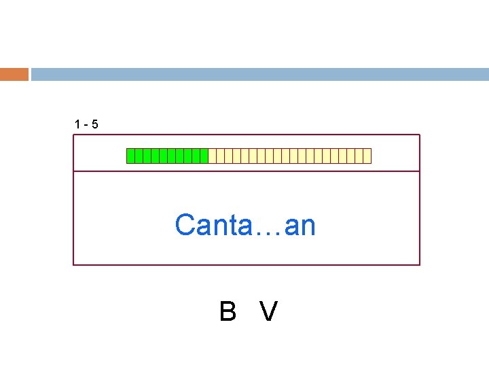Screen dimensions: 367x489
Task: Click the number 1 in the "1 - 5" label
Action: tap(77, 124)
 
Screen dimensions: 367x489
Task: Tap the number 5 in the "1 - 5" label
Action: tap(94, 124)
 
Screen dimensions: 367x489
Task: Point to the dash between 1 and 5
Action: tap(86, 125)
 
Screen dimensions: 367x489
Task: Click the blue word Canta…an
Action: tap(245, 225)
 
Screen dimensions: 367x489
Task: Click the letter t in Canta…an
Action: tap(237, 225)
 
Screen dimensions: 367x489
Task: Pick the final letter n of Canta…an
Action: tap(308, 226)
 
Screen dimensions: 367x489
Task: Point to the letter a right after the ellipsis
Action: tap(292, 226)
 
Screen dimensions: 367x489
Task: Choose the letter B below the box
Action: tap(228, 312)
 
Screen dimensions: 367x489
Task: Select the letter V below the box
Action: tap(269, 312)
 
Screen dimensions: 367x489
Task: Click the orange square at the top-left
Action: tap(14, 74)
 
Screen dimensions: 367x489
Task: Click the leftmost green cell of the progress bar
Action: tap(130, 156)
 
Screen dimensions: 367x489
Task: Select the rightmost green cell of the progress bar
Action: tap(204, 156)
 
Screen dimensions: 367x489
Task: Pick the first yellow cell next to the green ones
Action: tap(212, 156)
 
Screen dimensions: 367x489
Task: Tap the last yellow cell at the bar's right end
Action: tap(367, 156)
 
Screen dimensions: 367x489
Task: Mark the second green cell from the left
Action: tap(139, 156)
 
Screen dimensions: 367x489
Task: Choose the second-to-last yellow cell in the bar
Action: tap(359, 156)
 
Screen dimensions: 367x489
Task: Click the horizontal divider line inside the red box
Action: tap(246, 171)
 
